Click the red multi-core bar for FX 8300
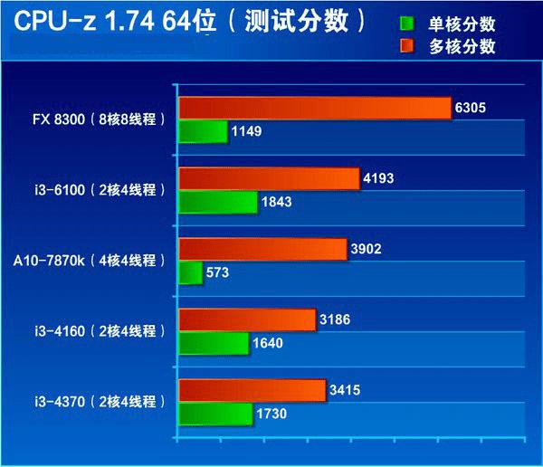coord(314,109)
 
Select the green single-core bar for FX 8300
coord(203,132)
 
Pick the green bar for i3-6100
coord(218,203)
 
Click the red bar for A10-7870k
coord(262,249)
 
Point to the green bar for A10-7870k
coord(190,273)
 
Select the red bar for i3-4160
coord(247,319)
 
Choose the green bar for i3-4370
coord(215,415)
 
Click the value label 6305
coord(471,109)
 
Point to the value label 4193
coord(378,179)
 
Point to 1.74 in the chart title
coord(137,22)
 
